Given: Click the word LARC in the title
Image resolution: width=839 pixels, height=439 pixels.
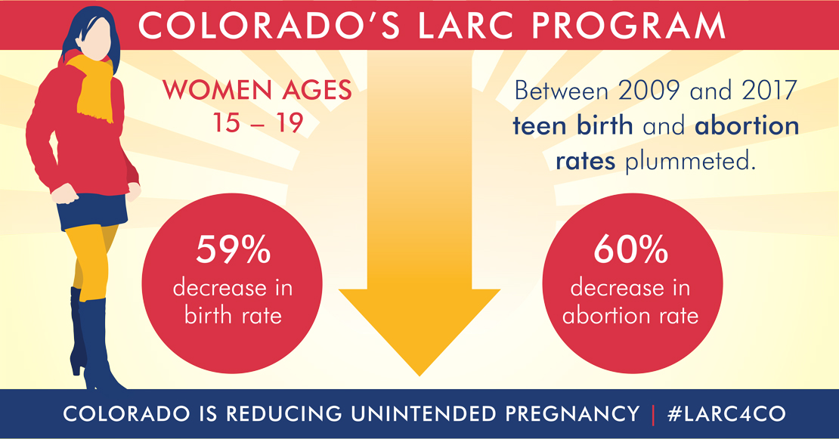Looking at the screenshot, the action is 465,25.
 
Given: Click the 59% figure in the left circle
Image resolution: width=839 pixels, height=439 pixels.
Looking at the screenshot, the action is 233,249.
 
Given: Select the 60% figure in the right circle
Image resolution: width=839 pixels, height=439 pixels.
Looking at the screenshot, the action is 631,249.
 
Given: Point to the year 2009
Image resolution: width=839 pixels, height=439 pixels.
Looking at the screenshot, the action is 649,91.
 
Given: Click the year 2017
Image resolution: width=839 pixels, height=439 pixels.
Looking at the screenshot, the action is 769,91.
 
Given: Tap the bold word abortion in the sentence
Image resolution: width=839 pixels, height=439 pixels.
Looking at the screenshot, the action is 747,125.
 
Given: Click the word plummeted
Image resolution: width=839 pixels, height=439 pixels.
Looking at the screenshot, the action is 690,161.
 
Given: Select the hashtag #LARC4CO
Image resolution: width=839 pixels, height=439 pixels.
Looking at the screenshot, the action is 726,414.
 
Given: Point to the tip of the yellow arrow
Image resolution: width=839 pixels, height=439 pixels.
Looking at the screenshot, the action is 419,376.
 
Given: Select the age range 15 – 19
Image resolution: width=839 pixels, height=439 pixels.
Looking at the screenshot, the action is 258,122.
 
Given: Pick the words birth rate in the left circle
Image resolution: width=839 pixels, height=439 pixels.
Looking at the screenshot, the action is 233,316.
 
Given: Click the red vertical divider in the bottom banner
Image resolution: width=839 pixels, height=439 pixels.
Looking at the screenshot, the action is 653,415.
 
